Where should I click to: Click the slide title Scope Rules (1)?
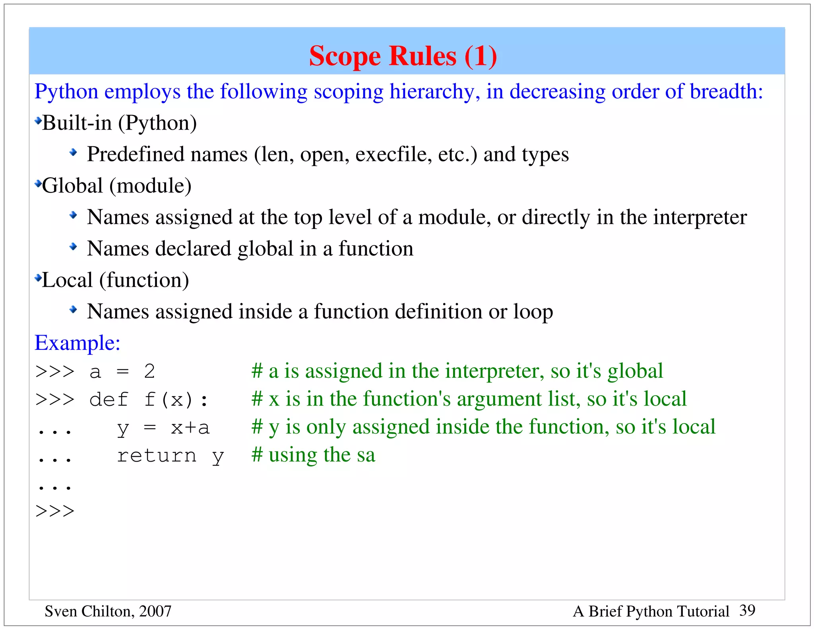pos(403,56)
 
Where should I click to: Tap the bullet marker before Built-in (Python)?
pos(38,120)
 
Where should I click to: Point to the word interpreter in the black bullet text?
pos(700,217)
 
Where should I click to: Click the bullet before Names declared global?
pos(73,247)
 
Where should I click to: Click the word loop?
pos(533,311)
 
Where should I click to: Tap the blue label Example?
pos(78,343)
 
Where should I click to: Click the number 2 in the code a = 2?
pos(149,372)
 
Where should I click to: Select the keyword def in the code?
pos(109,399)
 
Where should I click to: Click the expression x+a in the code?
pos(190,428)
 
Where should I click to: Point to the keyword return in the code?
pos(157,456)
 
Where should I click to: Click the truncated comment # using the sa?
pos(313,455)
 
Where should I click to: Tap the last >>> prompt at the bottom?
pos(55,511)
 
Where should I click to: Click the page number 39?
pos(747,610)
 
